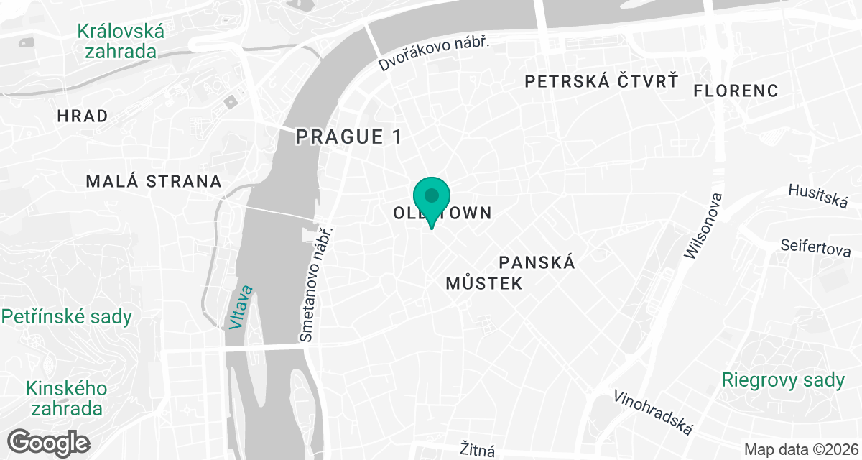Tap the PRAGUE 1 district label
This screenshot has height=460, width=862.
pyautogui.click(x=349, y=137)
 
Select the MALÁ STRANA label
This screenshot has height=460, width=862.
pyautogui.click(x=154, y=181)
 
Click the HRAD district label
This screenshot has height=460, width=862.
pyautogui.click(x=83, y=116)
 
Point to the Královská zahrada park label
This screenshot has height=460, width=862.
pyautogui.click(x=121, y=42)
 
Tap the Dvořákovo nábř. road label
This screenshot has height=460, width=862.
pyautogui.click(x=434, y=54)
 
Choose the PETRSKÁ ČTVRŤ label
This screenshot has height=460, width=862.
pyautogui.click(x=601, y=81)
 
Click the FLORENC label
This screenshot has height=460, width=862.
pyautogui.click(x=736, y=91)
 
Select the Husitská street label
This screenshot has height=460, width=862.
pyautogui.click(x=818, y=195)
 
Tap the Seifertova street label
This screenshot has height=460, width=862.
pyautogui.click(x=816, y=247)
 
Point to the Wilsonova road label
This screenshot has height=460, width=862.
pyautogui.click(x=702, y=226)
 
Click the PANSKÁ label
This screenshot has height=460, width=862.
pyautogui.click(x=537, y=262)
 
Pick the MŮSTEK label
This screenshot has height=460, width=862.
pyautogui.click(x=483, y=283)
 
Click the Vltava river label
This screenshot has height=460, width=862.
pyautogui.click(x=242, y=307)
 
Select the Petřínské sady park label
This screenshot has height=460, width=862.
pyautogui.click(x=67, y=317)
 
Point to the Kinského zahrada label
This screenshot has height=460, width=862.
pyautogui.click(x=66, y=399)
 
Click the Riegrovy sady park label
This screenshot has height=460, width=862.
pyautogui.click(x=783, y=380)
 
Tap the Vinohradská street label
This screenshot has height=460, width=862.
pyautogui.click(x=653, y=413)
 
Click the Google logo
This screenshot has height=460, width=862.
pyautogui.click(x=50, y=441)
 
